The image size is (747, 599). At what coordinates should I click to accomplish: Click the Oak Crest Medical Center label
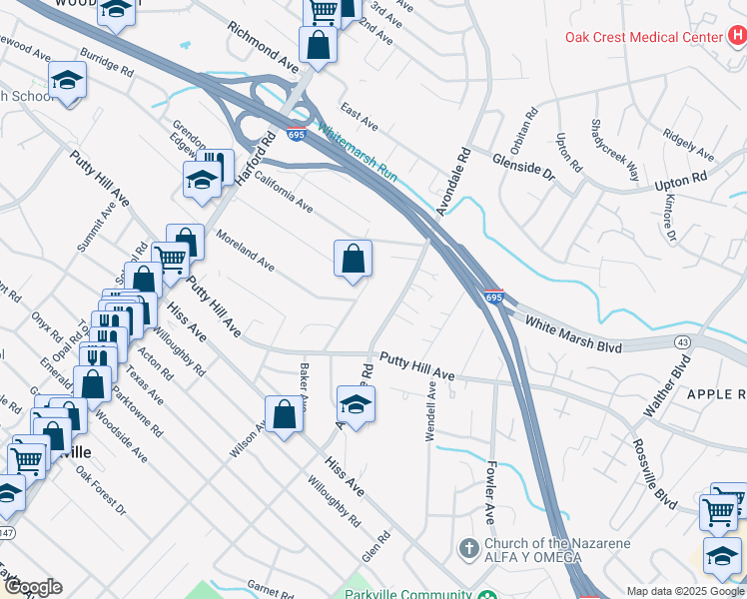643,37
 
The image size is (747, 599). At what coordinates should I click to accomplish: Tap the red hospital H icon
737,36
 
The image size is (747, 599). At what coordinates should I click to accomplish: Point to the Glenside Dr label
522,166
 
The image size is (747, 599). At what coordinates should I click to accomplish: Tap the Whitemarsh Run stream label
358,156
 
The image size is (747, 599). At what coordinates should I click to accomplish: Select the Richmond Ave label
264,46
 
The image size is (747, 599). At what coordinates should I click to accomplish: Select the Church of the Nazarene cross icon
468,549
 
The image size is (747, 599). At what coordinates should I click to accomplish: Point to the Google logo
34,587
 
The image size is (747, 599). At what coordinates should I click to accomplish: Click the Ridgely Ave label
689,147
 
